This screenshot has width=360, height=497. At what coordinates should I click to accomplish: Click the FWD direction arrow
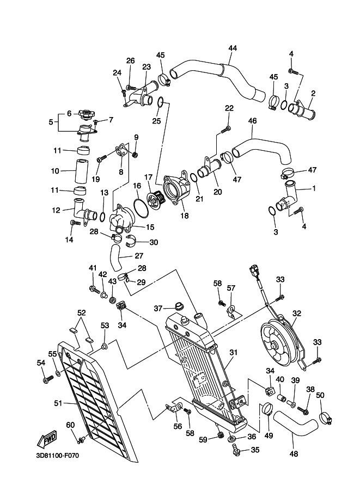47,438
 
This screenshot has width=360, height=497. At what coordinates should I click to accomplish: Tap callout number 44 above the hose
233,48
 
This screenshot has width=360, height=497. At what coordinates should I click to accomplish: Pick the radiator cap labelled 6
85,115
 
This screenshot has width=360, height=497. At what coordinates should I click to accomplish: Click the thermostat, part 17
157,199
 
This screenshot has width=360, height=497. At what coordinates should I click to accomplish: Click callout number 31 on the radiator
233,352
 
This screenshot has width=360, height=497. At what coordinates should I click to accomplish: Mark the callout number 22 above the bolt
228,108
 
